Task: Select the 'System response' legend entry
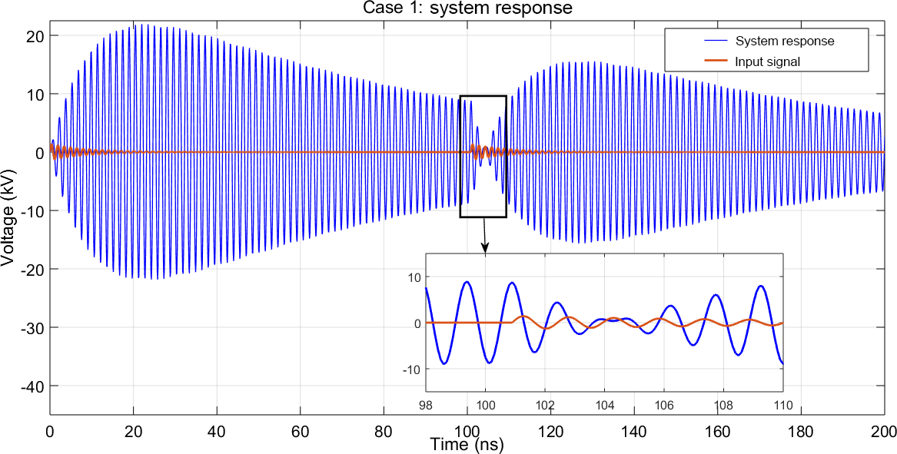pos(784,41)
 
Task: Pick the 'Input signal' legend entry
pos(768,61)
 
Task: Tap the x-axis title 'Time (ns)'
pos(467,444)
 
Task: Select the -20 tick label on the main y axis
pos(34,269)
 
